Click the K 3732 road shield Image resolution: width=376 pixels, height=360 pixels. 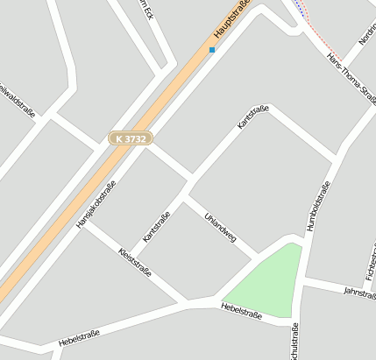click(x=131, y=138)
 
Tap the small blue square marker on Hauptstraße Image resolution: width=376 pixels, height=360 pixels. click(x=212, y=50)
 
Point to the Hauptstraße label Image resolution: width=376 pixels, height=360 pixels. click(x=232, y=19)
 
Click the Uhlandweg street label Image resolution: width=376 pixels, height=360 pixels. click(x=220, y=227)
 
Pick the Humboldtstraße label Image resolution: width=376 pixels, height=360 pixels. click(x=319, y=207)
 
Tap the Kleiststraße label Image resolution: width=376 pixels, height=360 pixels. click(x=134, y=262)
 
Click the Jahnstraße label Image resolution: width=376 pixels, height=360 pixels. click(x=359, y=291)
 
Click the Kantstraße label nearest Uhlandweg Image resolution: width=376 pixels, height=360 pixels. click(x=156, y=226)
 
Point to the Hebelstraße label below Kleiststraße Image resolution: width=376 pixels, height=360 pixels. click(x=79, y=337)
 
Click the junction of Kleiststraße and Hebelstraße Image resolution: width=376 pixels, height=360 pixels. click(x=187, y=303)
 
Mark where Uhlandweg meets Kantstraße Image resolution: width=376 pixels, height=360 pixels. click(x=183, y=195)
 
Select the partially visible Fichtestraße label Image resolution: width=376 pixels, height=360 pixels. click(x=371, y=263)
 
